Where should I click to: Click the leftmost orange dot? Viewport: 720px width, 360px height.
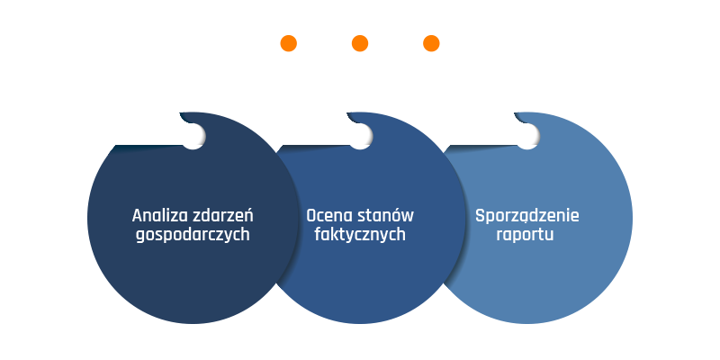tap(288, 43)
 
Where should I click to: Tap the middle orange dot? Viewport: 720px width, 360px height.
tap(360, 43)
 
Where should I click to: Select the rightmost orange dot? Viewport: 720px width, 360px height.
tap(431, 43)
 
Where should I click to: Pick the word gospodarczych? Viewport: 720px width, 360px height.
tap(193, 235)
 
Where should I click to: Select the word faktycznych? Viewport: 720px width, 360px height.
tap(360, 235)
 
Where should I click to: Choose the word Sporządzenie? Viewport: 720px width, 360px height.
tap(527, 216)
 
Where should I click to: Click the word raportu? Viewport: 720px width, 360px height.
tap(525, 235)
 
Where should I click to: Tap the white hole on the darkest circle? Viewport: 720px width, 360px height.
tap(193, 137)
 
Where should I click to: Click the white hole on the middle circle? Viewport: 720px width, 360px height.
tap(361, 137)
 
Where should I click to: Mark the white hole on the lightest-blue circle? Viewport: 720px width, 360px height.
tap(527, 137)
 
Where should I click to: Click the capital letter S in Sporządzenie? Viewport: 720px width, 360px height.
tap(481, 215)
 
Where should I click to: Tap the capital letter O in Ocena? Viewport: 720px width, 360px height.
tap(311, 216)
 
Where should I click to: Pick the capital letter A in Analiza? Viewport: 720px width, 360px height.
tap(138, 216)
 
